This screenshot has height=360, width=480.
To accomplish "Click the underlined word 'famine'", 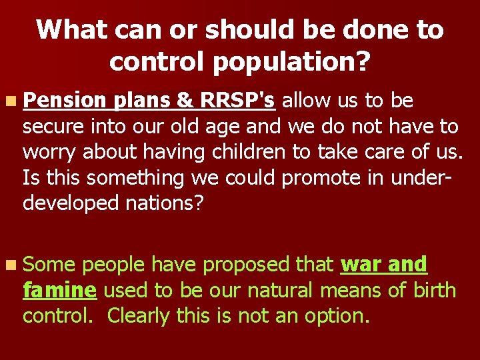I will click(x=60, y=291).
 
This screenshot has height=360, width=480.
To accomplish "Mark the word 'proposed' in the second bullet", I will click(x=248, y=265).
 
